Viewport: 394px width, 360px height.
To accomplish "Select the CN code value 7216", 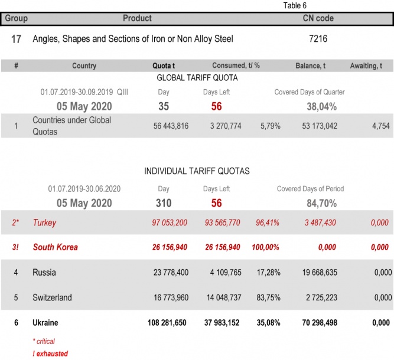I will coord(318,39).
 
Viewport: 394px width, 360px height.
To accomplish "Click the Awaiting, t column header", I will coord(370,66).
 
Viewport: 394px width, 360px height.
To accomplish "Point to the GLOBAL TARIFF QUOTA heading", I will coord(197,78).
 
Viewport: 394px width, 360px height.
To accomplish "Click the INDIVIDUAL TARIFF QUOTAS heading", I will coord(197,171).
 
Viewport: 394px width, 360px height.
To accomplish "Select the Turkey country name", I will coord(44,222).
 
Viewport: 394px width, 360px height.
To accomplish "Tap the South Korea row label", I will coord(55,247).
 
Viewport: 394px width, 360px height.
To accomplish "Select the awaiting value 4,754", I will coord(380,126).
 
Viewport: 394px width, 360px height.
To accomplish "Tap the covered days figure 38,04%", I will coord(321,106).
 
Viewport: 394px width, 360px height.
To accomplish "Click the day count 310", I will coord(164,203).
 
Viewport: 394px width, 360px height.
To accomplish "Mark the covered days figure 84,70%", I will coord(321,203).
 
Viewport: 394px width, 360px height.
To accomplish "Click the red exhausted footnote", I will coord(50,354).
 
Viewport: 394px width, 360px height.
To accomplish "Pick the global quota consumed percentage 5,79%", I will coord(269,126).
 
